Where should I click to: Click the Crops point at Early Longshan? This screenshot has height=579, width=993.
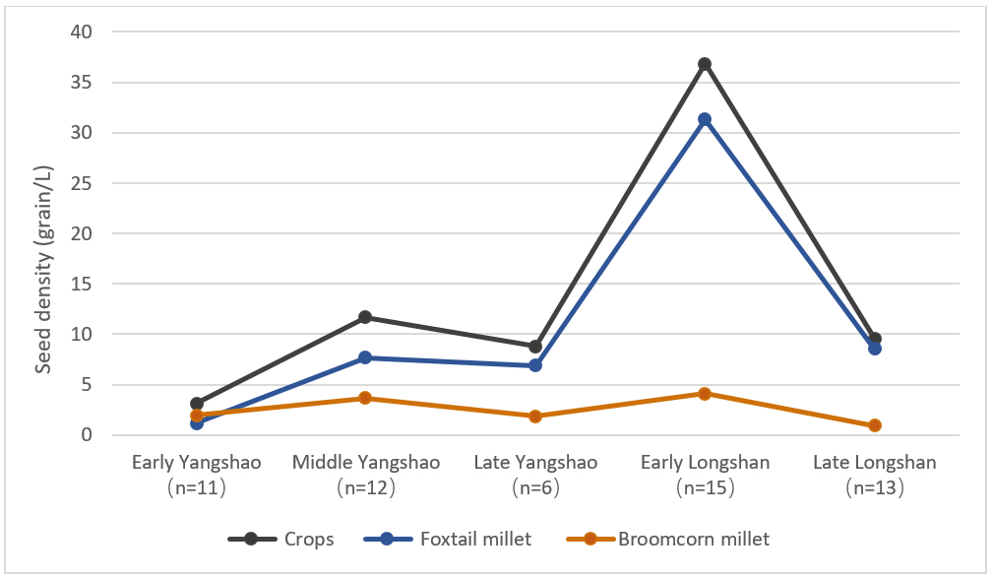[x=705, y=64]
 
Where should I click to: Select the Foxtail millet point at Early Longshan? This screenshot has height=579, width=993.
[x=705, y=119]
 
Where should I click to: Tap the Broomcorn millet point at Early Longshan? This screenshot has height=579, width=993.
[x=705, y=394]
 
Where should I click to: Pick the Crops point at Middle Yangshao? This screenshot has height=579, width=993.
[x=365, y=317]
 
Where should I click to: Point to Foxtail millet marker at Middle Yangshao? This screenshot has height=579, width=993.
[x=365, y=357]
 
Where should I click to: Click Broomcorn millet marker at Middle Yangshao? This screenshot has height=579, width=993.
[x=365, y=398]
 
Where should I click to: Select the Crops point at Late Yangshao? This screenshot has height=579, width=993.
[x=535, y=347]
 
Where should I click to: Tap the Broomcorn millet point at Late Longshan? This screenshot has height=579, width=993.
[x=874, y=425]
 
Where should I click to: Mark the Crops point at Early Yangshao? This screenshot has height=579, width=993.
[x=196, y=404]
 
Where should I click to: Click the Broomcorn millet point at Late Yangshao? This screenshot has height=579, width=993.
[x=535, y=417]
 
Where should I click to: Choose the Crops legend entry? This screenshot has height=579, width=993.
[x=280, y=539]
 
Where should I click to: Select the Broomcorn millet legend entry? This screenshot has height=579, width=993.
[x=668, y=539]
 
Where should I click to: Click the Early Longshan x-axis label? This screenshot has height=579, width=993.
[x=705, y=473]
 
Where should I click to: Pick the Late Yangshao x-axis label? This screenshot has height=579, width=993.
[x=535, y=473]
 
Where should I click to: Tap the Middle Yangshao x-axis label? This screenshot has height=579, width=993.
[x=365, y=473]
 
